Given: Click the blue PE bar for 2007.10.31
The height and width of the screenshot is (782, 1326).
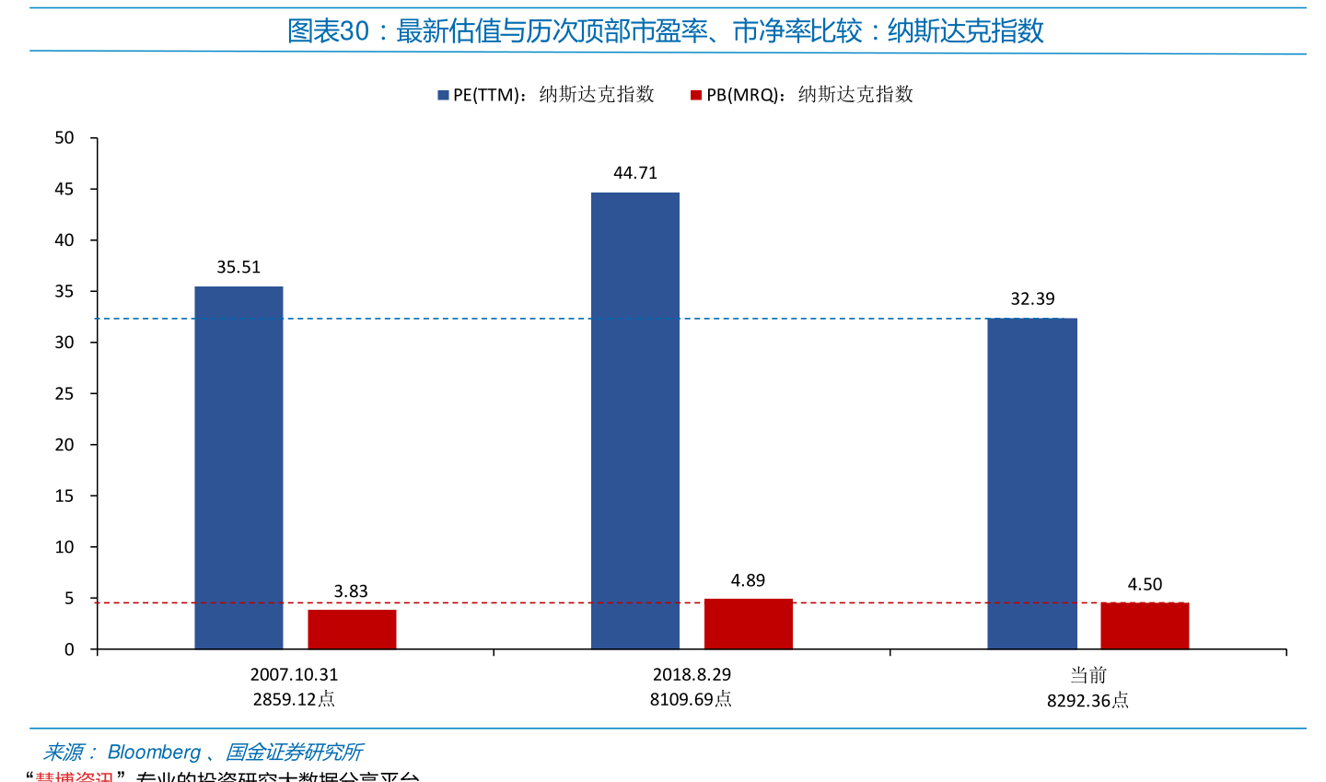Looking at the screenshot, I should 238,467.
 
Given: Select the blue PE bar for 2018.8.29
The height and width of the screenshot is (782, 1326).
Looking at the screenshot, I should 635,420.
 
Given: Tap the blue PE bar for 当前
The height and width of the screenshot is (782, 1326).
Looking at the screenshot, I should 1032,484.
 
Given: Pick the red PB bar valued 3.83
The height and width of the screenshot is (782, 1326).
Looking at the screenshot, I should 352,629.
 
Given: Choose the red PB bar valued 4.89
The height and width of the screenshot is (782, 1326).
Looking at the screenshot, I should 748,624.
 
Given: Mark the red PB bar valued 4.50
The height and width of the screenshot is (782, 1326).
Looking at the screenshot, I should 1145,625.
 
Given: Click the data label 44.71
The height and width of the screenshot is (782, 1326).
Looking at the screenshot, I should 635,173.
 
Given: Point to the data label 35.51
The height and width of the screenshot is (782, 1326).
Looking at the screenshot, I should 238,267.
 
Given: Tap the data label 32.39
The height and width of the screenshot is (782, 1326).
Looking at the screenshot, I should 1032,298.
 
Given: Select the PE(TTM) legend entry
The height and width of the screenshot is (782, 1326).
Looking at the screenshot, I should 545,94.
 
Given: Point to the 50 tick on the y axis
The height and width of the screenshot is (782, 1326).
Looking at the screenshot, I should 64,138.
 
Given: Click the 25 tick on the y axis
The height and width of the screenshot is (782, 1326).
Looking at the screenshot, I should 64,393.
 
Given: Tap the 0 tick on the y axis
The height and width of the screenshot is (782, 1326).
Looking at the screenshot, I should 69,649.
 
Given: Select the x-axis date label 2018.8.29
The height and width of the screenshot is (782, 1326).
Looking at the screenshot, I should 692,674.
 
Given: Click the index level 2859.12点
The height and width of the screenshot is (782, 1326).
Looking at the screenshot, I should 294,699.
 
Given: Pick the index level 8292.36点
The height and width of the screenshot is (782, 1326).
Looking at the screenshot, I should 1088,701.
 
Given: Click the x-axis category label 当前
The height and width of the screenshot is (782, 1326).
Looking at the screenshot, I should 1088,675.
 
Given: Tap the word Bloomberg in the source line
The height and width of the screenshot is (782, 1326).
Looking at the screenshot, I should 154,753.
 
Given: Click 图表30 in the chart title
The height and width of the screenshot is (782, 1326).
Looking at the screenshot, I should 328,31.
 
